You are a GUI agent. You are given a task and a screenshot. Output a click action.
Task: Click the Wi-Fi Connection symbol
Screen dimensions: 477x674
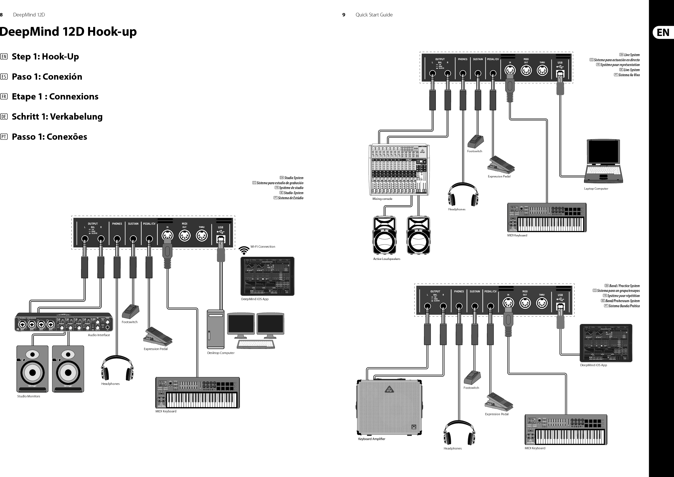tap(244, 250)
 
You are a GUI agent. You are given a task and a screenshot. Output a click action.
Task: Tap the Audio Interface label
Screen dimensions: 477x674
tap(99, 335)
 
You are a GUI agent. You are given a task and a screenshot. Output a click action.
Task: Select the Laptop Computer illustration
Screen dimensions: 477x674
tap(603, 161)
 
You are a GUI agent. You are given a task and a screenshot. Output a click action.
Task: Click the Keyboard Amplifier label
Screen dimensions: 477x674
tap(371, 439)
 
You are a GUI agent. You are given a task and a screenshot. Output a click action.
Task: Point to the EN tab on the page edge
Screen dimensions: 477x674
tap(663, 32)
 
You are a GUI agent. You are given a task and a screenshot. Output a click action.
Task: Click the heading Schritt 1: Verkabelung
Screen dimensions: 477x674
tap(57, 116)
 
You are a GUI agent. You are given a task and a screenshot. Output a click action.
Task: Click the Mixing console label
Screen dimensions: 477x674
tap(382, 199)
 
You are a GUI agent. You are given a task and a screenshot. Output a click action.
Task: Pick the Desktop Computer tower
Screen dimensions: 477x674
tap(216, 329)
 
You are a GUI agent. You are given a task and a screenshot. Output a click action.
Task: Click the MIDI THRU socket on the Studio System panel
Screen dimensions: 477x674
tap(202, 236)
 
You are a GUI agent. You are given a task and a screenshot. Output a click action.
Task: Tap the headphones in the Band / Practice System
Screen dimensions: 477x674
tap(459, 433)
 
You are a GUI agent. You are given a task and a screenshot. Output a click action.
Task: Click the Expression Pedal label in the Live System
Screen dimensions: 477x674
tap(499, 177)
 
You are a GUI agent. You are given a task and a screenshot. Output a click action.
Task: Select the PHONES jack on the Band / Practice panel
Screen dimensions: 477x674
tap(459, 306)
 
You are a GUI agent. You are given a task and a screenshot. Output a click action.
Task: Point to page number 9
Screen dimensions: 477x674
tap(344, 15)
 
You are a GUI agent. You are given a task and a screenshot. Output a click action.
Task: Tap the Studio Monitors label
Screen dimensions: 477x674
tap(29, 396)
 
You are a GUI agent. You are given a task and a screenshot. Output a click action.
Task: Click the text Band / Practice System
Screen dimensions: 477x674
tap(624, 286)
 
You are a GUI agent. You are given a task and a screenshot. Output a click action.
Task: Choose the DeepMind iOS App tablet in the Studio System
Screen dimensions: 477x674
tap(267, 276)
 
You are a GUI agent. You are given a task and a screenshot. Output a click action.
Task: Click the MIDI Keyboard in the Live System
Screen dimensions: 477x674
tap(547, 217)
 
